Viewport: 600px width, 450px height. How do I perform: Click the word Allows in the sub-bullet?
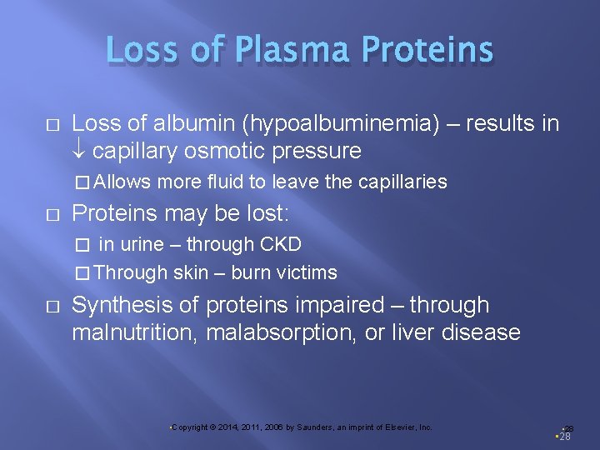pos(125,182)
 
